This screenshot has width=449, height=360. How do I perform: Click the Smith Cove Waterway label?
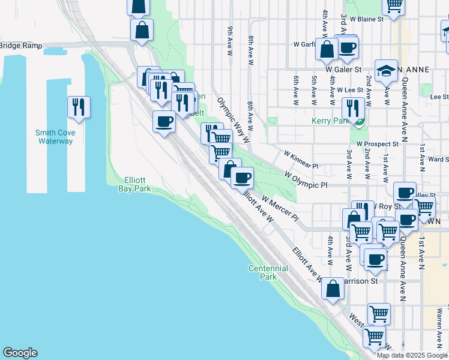(54, 137)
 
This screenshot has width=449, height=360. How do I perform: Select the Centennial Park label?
(263, 272)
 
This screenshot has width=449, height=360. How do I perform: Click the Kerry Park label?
(330, 121)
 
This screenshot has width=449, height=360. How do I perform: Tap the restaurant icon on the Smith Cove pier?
(79, 107)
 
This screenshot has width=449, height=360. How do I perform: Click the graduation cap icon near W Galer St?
(387, 71)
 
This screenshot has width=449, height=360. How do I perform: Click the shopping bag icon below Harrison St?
(333, 289)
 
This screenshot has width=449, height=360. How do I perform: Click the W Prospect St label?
(378, 144)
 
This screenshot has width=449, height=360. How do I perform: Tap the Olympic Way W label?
(233, 119)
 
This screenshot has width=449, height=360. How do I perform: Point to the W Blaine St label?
(367, 19)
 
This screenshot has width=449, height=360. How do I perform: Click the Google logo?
(20, 353)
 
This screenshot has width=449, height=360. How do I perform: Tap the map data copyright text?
(412, 355)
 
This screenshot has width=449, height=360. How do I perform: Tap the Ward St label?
(439, 159)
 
